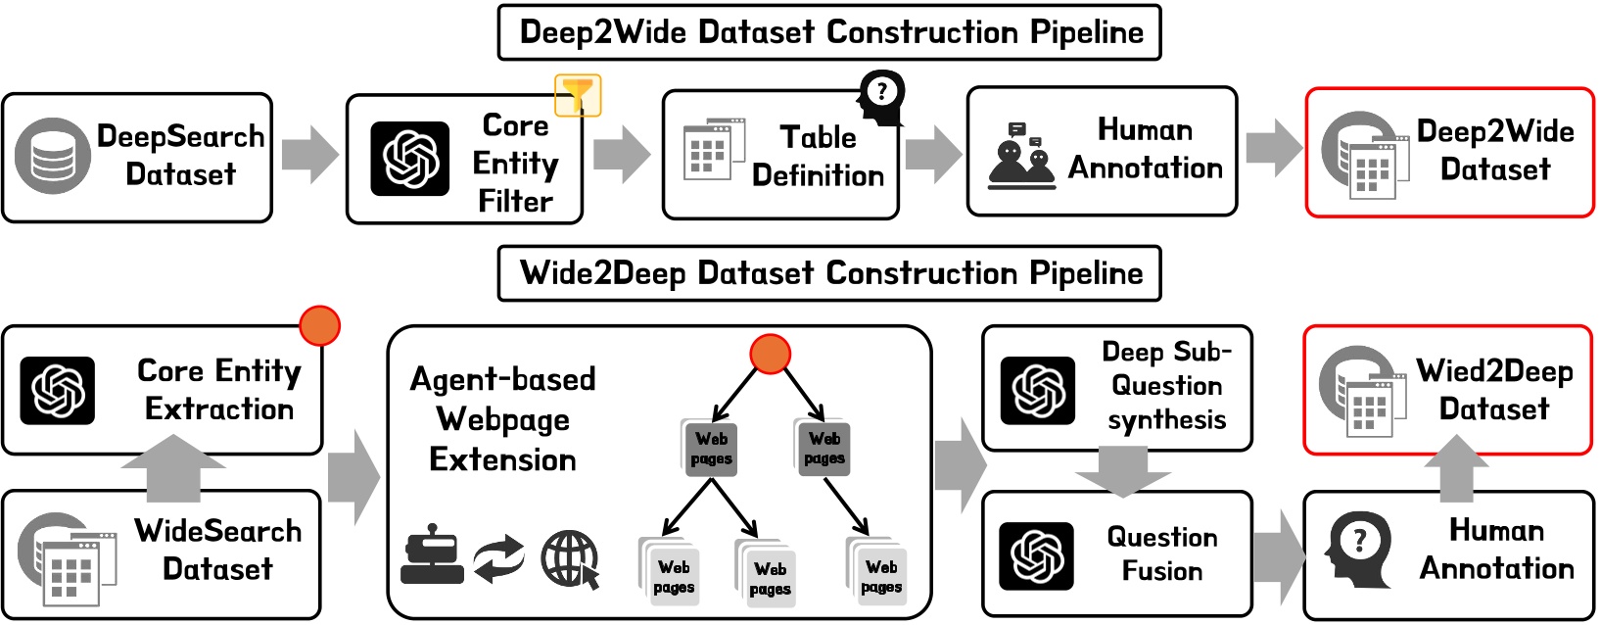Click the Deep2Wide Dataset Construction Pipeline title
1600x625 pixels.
click(x=829, y=32)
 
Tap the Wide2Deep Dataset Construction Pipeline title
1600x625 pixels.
click(x=829, y=273)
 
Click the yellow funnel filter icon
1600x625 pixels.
click(x=578, y=95)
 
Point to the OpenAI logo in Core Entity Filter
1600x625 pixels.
click(x=409, y=159)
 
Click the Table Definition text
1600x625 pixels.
click(x=818, y=157)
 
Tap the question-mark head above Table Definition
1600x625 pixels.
click(x=881, y=96)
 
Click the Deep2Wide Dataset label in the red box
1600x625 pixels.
click(x=1494, y=150)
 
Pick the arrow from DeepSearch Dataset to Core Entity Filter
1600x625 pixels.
click(x=309, y=155)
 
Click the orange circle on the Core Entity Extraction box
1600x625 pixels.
click(x=319, y=325)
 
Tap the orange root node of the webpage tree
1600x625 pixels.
click(x=770, y=354)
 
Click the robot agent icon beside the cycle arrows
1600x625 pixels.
click(x=432, y=554)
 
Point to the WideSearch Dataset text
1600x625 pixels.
click(x=217, y=550)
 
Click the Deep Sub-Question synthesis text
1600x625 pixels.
click(x=1166, y=386)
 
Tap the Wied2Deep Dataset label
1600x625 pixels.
click(x=1494, y=390)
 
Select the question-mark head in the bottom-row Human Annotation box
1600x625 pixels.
click(x=1355, y=545)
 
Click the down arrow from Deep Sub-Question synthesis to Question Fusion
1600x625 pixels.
click(x=1122, y=471)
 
